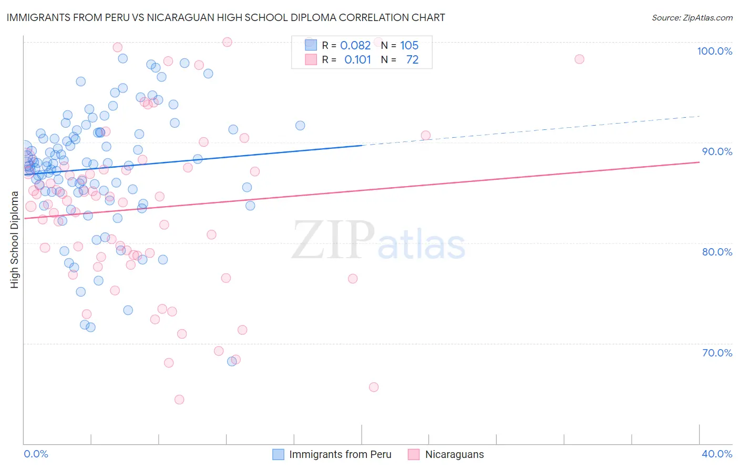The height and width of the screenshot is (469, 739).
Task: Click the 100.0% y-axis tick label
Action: click(714, 51)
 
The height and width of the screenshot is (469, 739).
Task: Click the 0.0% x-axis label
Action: click(36, 454)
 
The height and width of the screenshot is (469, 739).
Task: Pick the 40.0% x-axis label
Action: click(717, 454)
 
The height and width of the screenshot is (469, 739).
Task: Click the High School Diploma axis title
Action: click(14, 239)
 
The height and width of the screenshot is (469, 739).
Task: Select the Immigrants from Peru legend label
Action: click(340, 454)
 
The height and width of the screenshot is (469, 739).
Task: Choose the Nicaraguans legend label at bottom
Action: click(454, 454)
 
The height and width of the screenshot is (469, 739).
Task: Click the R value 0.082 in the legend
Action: click(355, 45)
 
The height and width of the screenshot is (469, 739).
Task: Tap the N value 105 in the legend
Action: click(409, 45)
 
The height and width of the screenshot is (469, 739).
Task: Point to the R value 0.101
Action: click(357, 59)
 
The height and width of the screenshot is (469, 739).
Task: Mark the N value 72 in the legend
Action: click(412, 59)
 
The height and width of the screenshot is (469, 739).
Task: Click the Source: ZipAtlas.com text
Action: click(692, 18)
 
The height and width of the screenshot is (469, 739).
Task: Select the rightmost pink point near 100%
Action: click(579, 59)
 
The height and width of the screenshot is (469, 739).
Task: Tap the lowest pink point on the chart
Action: click(179, 400)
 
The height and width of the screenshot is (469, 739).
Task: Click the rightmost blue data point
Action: click(300, 125)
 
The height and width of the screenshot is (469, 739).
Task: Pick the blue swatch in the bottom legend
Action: click(278, 454)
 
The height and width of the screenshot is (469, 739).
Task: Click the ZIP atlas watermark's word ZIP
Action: click(333, 240)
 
